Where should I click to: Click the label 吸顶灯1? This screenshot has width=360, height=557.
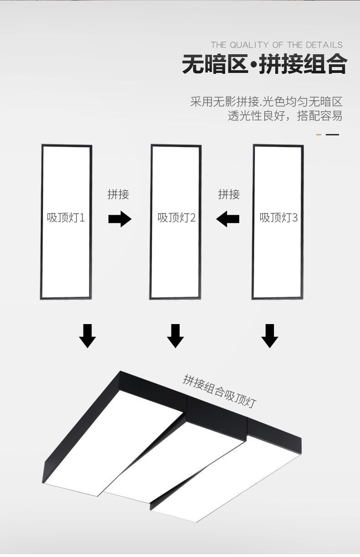66,218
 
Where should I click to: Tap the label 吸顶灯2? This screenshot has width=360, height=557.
176,218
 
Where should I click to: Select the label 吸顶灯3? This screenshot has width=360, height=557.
278,218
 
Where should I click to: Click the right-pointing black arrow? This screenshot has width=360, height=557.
120,219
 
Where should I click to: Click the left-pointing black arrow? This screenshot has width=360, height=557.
228,219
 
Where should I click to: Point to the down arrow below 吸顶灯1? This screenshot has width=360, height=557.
87,336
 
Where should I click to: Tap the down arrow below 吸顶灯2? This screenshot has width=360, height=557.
175,336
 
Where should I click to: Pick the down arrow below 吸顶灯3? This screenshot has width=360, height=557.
269,336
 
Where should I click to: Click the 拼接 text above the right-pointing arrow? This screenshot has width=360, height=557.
118,194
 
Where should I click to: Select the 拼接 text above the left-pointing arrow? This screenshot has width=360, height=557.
229,194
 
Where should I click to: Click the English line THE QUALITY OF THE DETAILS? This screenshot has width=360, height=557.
277,45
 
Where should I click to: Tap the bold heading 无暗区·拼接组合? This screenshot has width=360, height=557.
264,64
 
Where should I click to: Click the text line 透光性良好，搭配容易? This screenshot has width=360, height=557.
285,116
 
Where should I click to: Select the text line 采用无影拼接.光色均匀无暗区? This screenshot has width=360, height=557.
267,102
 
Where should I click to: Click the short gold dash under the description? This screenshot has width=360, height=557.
319,134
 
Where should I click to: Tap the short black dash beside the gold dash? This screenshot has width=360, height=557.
333,134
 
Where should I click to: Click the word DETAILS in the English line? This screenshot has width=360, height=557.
324,45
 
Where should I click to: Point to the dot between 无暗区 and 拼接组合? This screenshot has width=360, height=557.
253,65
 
